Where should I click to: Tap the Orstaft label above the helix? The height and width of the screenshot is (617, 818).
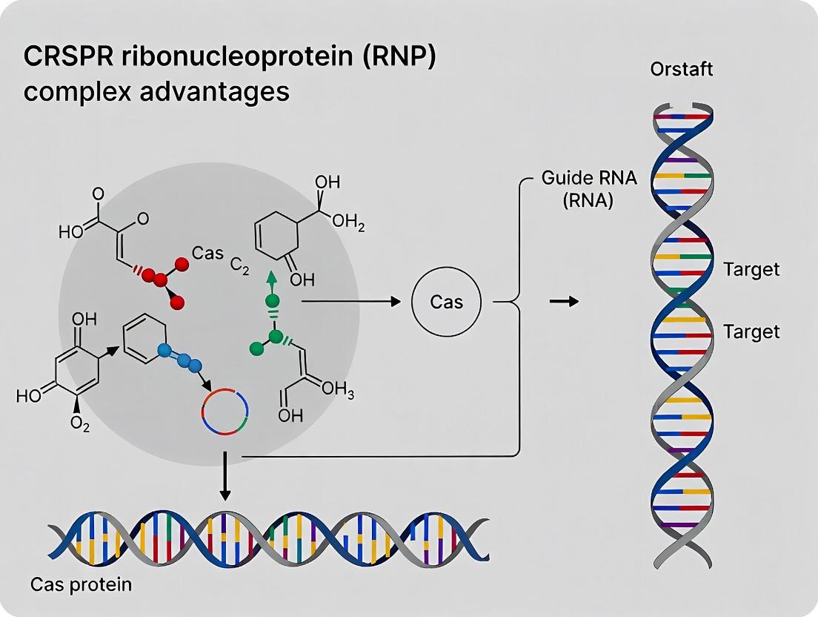tap(681, 70)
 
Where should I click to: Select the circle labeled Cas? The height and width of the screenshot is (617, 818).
tap(446, 302)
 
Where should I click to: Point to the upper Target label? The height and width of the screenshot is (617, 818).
tap(751, 269)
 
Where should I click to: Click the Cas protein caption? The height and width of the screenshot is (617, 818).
tap(81, 584)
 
